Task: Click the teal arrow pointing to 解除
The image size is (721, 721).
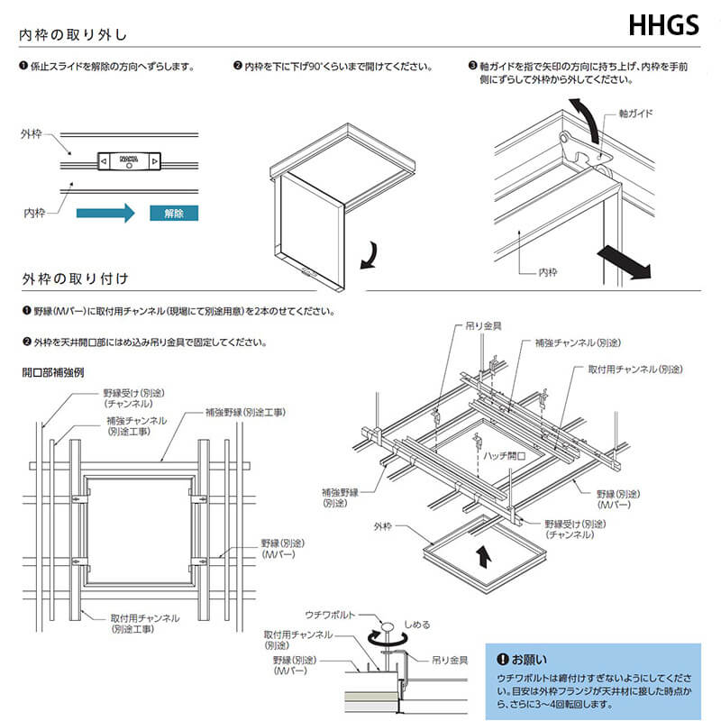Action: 105,214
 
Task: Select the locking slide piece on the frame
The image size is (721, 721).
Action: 128,160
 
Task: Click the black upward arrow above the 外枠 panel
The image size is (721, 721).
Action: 484,556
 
